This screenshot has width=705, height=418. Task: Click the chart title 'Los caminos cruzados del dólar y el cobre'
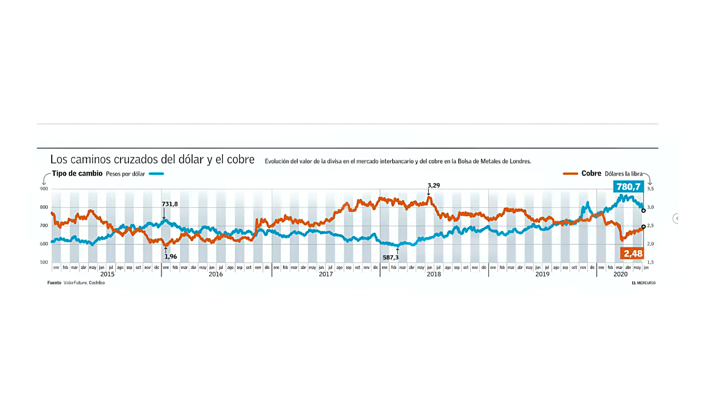coord(152,160)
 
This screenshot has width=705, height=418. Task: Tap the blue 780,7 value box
coord(628,187)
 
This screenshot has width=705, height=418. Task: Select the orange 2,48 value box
coord(632,254)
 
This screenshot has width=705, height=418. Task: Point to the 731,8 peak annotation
coord(170,204)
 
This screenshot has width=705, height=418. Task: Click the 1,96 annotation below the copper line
coord(171,256)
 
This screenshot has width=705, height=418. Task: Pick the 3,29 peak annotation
coord(433,185)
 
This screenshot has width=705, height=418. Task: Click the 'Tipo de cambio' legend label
coord(77,173)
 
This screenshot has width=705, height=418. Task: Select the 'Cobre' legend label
coord(591,173)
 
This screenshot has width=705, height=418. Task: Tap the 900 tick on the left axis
coord(44,189)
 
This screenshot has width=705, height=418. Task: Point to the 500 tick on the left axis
coord(44,262)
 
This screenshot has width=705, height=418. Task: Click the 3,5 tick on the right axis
coord(650,189)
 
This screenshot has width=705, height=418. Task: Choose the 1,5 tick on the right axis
coord(650,262)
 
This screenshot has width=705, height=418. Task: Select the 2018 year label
coord(434,274)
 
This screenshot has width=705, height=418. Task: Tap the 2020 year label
coord(621,274)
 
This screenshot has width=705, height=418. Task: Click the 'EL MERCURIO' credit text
coord(643,283)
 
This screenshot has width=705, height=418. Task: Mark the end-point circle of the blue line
coord(643,210)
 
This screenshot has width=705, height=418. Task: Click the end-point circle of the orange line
coord(643,227)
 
